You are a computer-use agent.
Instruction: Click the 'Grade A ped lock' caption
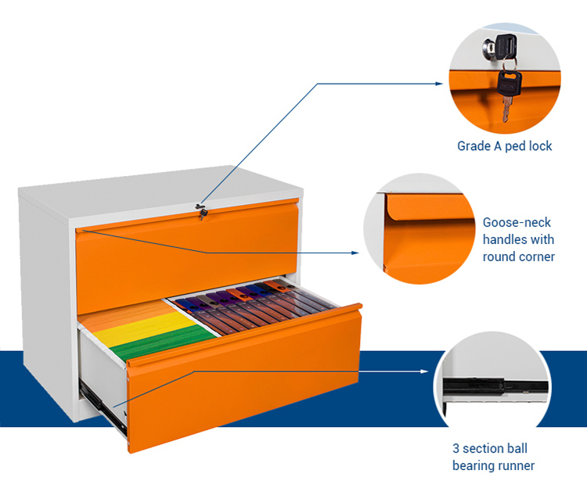504,145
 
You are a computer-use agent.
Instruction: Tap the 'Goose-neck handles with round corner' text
518,239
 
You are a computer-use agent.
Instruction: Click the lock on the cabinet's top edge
201,210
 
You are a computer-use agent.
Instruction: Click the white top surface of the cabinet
157,188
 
